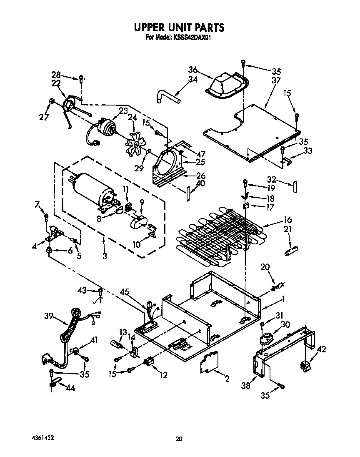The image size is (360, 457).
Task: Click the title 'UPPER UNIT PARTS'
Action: pos(179,28)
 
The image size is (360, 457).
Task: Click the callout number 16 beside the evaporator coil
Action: pos(287,220)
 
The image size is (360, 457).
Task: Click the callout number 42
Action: pos(321,349)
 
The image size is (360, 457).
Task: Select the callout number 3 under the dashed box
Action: pos(105,256)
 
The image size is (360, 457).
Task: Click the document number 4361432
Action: pos(42,438)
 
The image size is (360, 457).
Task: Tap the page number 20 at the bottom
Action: pos(179,439)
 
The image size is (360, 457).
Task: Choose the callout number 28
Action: pos(56,75)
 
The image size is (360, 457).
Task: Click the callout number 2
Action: pos(227,379)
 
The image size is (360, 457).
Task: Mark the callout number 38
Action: pos(246,386)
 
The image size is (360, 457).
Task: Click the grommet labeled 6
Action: pos(49,251)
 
